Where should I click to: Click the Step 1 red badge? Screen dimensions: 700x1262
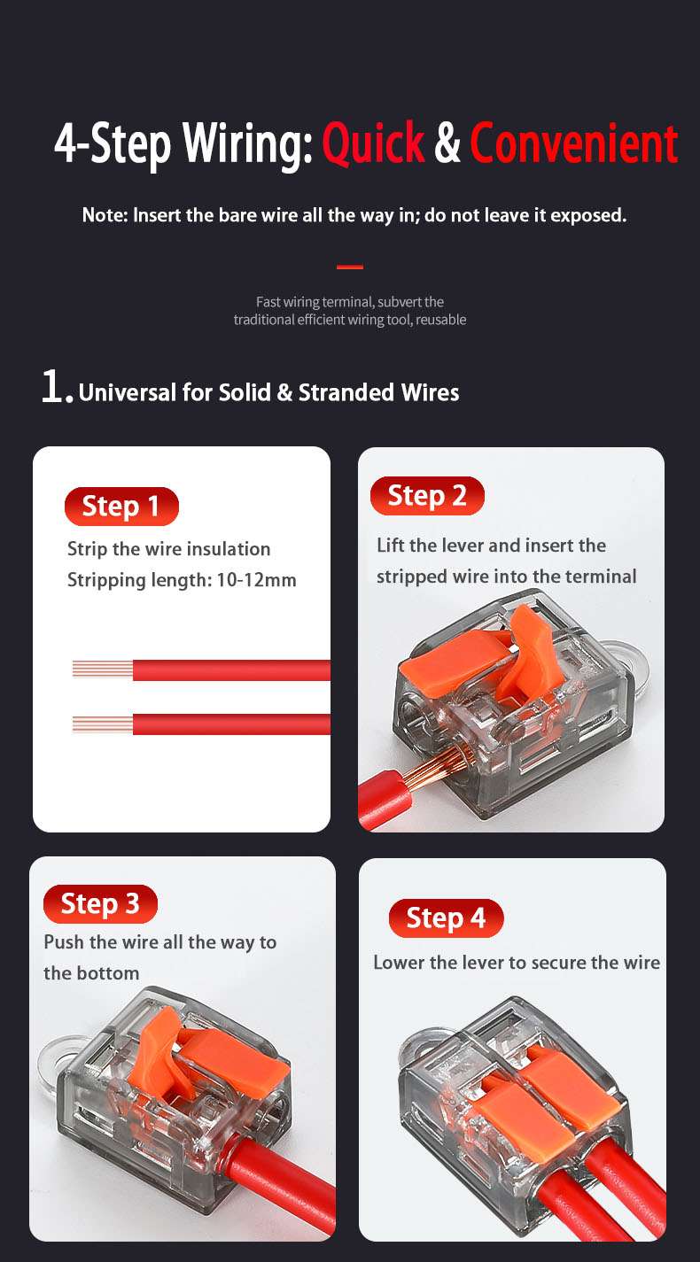pos(121,506)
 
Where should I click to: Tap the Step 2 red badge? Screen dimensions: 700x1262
pos(427,496)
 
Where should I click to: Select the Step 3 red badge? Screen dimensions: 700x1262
pos(100,903)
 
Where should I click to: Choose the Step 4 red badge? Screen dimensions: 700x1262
pos(446,917)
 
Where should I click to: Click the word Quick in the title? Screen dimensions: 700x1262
pos(373,143)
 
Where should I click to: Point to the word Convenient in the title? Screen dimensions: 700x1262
pos(574,143)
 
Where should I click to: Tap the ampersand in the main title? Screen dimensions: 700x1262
pos(447,143)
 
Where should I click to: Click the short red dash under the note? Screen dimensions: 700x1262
pos(350,267)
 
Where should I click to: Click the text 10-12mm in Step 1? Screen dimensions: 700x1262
pos(256,580)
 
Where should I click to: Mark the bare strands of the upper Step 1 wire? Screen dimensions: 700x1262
pos(103,670)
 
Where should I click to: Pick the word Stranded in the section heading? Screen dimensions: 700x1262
pos(346,392)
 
